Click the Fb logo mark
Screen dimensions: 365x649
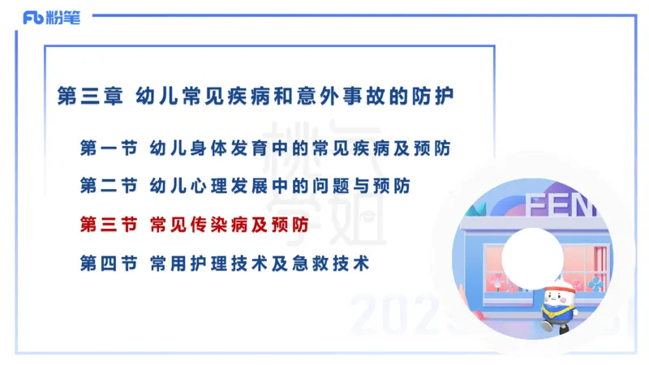point(32,17)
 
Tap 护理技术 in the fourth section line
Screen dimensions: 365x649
point(231,263)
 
